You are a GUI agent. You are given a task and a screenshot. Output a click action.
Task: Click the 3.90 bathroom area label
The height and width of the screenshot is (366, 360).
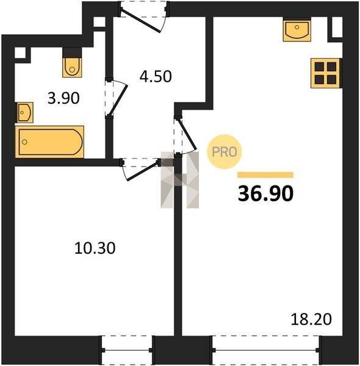point(63,98)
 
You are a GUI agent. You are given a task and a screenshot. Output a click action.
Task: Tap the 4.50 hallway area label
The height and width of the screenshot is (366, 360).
point(156,76)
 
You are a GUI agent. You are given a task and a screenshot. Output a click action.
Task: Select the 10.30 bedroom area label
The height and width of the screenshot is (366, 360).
point(95,248)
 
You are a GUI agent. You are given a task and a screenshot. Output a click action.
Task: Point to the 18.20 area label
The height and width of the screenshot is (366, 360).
point(311,319)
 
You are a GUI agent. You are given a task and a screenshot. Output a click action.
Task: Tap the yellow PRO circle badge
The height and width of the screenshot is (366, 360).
point(225,152)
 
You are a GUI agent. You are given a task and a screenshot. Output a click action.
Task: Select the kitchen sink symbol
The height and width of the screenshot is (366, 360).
point(297,30)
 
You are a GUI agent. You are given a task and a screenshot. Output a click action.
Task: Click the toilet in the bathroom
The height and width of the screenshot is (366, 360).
point(72,67)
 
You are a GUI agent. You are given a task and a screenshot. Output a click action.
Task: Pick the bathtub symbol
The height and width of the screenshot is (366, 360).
point(49,142)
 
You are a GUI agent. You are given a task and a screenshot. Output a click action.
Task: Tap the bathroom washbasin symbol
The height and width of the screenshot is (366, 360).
point(24,112)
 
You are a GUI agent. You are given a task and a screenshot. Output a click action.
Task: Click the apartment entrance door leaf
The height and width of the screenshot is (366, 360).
point(141,21)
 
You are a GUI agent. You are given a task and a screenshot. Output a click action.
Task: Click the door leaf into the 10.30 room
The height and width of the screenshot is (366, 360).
point(142,171)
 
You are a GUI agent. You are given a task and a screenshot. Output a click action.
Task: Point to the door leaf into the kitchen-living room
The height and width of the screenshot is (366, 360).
point(187,135)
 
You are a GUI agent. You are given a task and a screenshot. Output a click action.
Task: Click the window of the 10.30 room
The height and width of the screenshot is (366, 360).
point(128,350)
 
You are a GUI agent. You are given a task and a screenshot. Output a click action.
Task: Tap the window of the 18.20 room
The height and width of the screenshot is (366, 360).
point(266,350)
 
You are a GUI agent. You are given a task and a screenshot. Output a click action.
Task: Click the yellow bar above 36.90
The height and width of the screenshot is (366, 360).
point(265,175)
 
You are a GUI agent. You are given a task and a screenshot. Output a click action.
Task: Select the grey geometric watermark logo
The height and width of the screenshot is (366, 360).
point(180,180)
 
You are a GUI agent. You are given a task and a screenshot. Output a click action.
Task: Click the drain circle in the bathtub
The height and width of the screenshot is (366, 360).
point(24,142)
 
